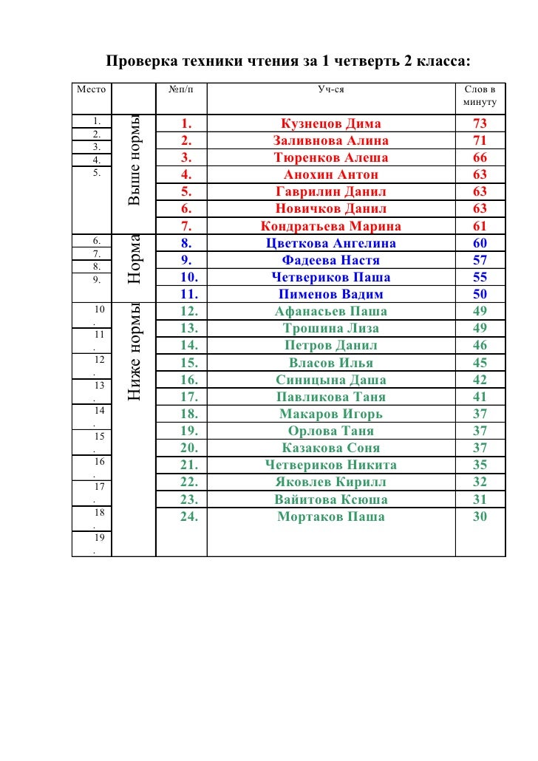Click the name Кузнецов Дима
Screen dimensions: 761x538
tap(330, 124)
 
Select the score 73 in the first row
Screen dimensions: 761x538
tap(480, 124)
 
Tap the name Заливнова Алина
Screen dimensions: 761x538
tap(330, 141)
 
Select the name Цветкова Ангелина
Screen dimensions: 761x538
tap(330, 243)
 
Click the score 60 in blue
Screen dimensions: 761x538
tap(480, 243)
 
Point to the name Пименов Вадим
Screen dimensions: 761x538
tap(330, 295)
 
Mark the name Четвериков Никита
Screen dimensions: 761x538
tap(330, 465)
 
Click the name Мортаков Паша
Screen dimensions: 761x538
tap(330, 517)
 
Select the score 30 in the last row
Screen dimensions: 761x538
tap(480, 517)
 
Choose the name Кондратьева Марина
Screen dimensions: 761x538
tap(330, 227)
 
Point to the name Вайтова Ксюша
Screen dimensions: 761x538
tap(330, 500)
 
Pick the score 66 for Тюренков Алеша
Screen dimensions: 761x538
tap(480, 158)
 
